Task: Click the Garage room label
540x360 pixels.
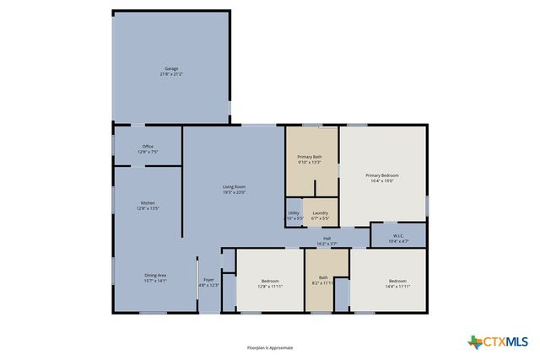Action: pyautogui.click(x=171, y=68)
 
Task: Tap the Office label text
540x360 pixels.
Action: pyautogui.click(x=148, y=147)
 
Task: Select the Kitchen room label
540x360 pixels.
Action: pyautogui.click(x=148, y=203)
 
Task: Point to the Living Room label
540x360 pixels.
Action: pyautogui.click(x=234, y=186)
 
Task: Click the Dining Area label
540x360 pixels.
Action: pyautogui.click(x=155, y=275)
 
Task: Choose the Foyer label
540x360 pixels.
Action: pyautogui.click(x=208, y=279)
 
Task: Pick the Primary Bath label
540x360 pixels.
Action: pyautogui.click(x=309, y=157)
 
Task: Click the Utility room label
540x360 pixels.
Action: pyautogui.click(x=294, y=212)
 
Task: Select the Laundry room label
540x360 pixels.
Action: pyautogui.click(x=320, y=212)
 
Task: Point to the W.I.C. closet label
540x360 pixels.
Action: pyautogui.click(x=398, y=235)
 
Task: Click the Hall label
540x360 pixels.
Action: pyautogui.click(x=327, y=238)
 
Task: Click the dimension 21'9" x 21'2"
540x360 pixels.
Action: pyautogui.click(x=171, y=74)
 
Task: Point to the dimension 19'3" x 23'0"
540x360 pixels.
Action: pyautogui.click(x=234, y=192)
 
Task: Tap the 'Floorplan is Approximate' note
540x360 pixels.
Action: pyautogui.click(x=270, y=347)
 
